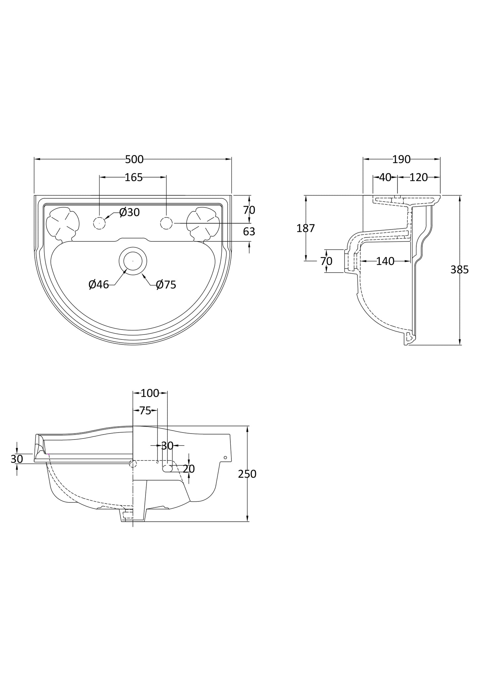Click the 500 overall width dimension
pyautogui.click(x=134, y=160)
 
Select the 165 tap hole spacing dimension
pyautogui.click(x=134, y=178)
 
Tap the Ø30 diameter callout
pyautogui.click(x=130, y=212)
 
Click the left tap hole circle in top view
pyautogui.click(x=99, y=223)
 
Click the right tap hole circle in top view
pyautogui.click(x=166, y=223)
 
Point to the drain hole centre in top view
pyautogui.click(x=133, y=261)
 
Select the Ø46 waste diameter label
pyautogui.click(x=99, y=284)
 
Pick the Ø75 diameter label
pyautogui.click(x=166, y=284)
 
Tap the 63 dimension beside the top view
pyautogui.click(x=249, y=232)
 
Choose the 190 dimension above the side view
pyautogui.click(x=401, y=160)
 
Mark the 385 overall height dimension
pyautogui.click(x=459, y=270)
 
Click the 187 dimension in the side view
pyautogui.click(x=305, y=228)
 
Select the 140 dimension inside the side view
pyautogui.click(x=385, y=261)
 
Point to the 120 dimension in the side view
pyautogui.click(x=419, y=178)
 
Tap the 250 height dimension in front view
pyautogui.click(x=247, y=474)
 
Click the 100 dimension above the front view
pyautogui.click(x=150, y=393)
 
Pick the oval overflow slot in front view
pyautogui.click(x=167, y=468)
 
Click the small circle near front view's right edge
pyautogui.click(x=225, y=457)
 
